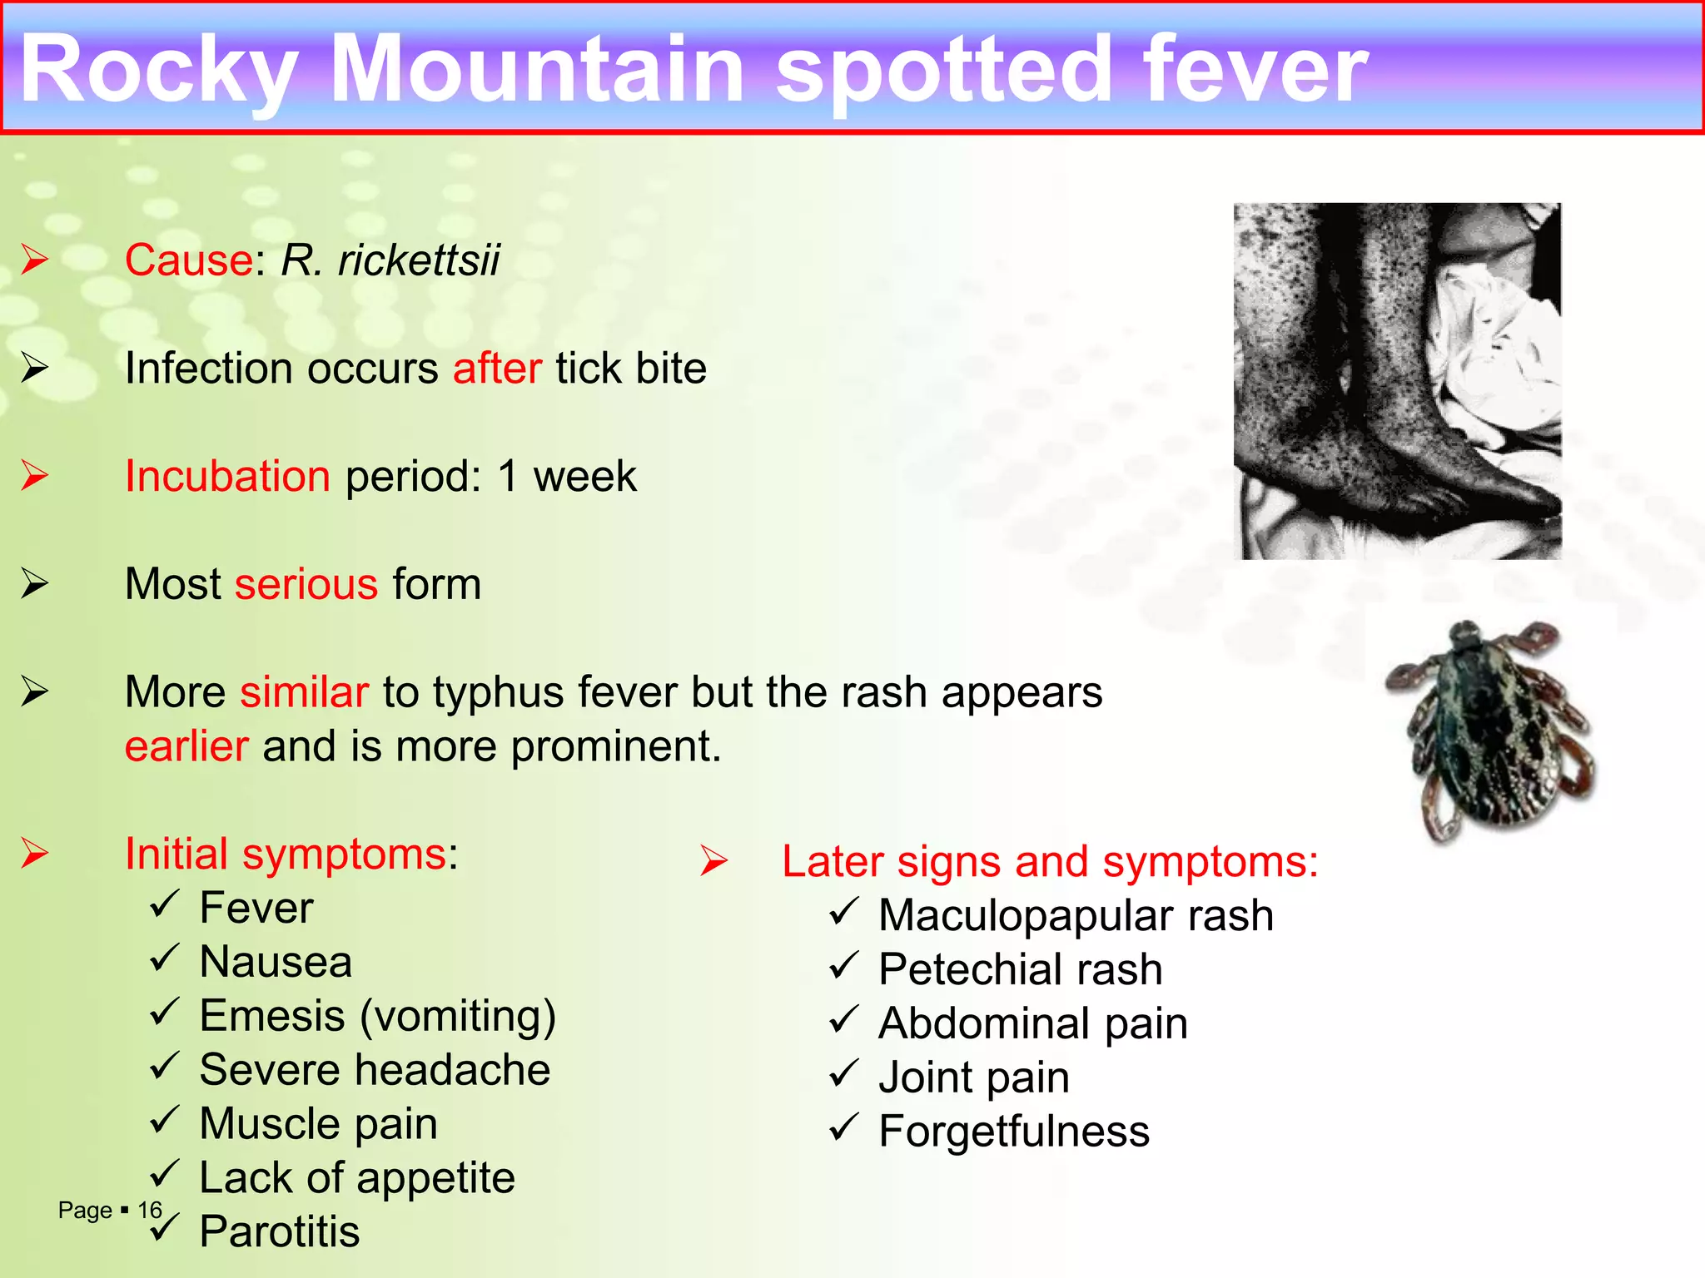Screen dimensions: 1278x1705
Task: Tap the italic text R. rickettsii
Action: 390,260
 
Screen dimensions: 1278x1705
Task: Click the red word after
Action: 497,369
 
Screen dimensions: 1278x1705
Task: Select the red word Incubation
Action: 227,477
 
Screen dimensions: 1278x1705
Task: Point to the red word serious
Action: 306,584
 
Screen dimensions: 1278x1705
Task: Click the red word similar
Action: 304,692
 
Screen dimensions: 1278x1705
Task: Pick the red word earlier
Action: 186,746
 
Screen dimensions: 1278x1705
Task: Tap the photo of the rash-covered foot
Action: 1397,381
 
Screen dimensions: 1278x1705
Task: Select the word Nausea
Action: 276,963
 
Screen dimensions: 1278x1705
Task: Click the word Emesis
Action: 272,1017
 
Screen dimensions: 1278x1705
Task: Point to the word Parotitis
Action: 280,1232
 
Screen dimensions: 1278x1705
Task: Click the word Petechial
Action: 970,970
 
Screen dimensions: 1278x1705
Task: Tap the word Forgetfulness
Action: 1014,1132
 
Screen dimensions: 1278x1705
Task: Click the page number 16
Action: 150,1211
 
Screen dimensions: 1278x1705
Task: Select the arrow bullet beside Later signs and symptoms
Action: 714,861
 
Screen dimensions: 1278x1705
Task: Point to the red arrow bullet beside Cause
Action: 35,260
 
